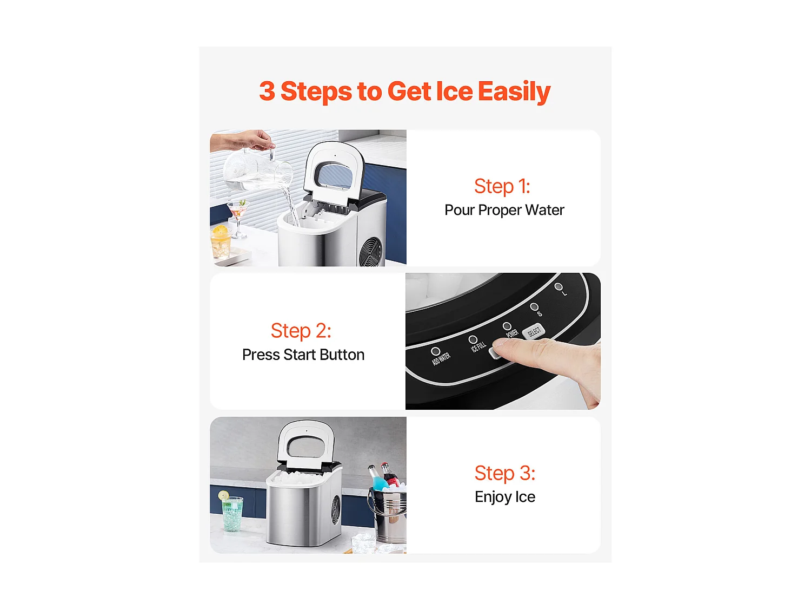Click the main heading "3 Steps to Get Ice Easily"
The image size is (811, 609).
coord(404,91)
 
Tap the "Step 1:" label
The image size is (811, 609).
coord(502,186)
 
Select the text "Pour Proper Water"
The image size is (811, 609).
coord(504,210)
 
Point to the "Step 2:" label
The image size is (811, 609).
coord(301,331)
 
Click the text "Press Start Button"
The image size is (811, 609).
coord(303,355)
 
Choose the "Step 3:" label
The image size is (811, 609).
coord(504,473)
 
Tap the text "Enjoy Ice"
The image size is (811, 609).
coord(504,497)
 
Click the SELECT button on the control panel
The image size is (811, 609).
coord(534,331)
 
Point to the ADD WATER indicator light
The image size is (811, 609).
coord(436,351)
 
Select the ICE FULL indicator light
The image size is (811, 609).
coord(473,339)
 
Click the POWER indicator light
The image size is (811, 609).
coord(507,326)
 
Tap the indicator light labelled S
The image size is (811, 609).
coord(534,306)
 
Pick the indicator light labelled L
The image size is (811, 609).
coord(559,286)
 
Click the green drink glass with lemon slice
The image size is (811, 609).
coord(231,512)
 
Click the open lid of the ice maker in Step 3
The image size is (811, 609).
coord(305,444)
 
